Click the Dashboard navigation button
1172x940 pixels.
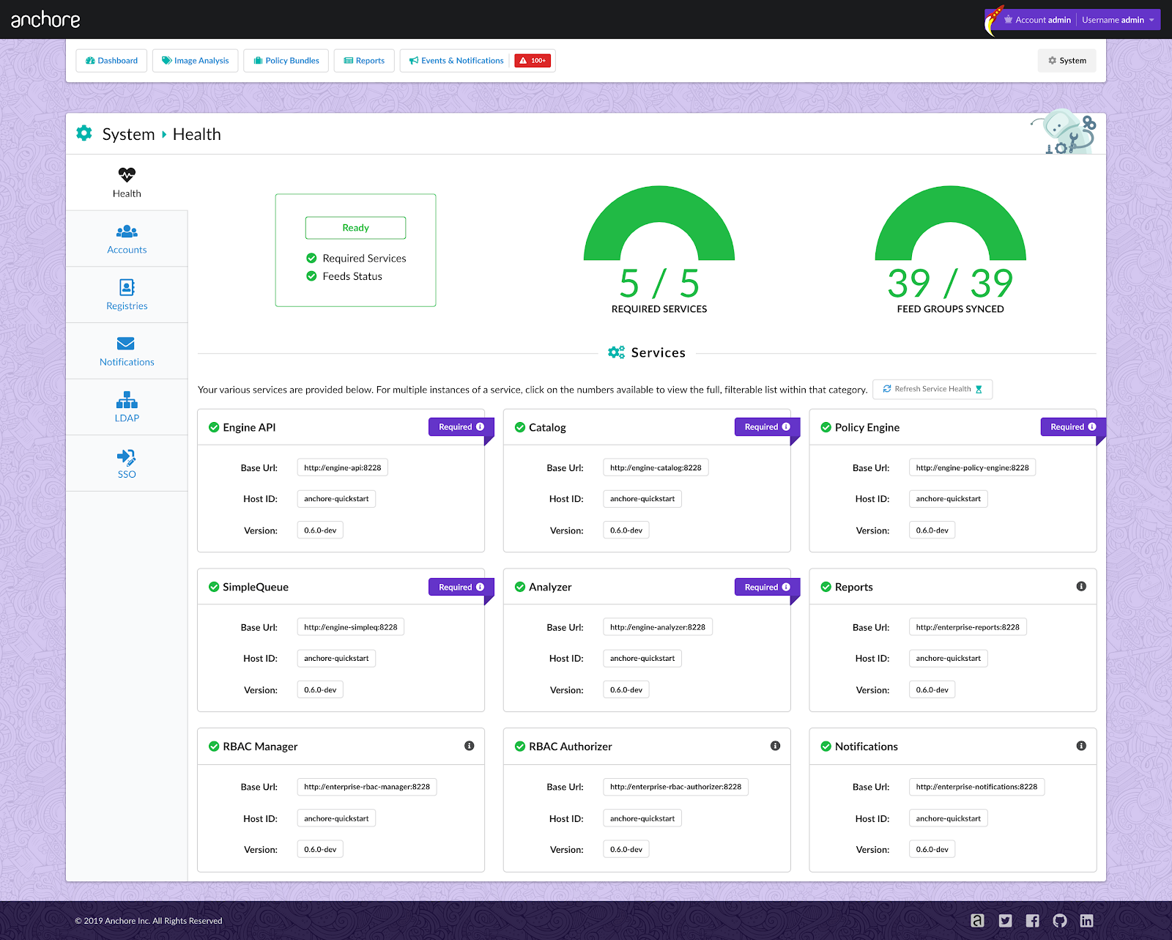[x=111, y=61]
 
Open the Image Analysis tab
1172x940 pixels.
[x=195, y=61]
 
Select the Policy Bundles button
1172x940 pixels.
[x=286, y=61]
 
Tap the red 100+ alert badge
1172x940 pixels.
[x=533, y=61]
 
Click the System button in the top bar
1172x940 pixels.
[x=1067, y=61]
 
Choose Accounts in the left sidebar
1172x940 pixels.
[x=127, y=239]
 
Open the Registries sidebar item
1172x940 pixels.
[x=127, y=295]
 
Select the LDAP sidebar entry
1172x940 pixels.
[x=127, y=407]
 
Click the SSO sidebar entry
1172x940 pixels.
[x=127, y=464]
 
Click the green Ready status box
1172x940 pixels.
[x=355, y=228]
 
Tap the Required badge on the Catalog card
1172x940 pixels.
[x=766, y=427]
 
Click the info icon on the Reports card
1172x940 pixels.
[x=1081, y=586]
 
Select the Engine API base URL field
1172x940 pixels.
[x=342, y=467]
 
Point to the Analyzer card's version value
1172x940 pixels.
[x=626, y=689]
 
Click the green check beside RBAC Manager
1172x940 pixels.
[x=214, y=747]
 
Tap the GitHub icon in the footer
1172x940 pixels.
[x=1060, y=921]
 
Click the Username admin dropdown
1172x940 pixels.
[x=1118, y=20]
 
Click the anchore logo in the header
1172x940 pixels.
[x=45, y=20]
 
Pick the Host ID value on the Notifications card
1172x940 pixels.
[x=948, y=818]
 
